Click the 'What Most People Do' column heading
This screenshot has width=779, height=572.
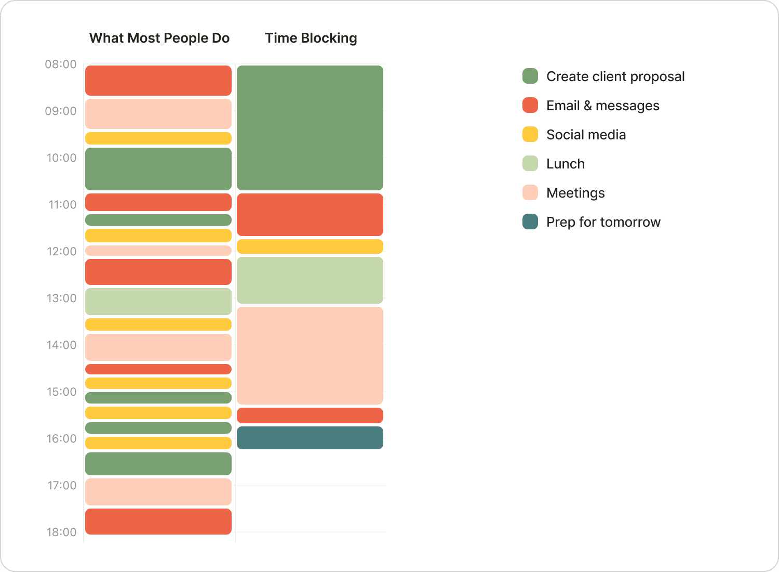tap(159, 38)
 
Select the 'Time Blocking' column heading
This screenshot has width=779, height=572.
tap(311, 38)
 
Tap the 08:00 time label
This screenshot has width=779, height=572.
tap(61, 64)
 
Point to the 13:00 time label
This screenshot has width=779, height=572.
tap(61, 298)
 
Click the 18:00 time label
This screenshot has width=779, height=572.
tap(61, 532)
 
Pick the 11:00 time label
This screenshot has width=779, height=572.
tap(62, 205)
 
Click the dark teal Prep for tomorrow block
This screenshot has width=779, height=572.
tap(310, 438)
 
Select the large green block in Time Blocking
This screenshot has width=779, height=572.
tap(310, 128)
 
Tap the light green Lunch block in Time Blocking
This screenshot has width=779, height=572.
tap(310, 280)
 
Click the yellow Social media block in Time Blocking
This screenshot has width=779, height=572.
tap(310, 246)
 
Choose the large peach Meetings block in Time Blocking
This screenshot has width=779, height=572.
tap(310, 356)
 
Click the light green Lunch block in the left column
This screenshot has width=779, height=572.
tap(158, 302)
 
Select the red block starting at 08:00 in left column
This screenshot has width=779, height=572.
tap(158, 81)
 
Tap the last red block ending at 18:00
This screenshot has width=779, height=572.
tap(158, 522)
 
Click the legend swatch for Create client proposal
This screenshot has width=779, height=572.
tap(530, 76)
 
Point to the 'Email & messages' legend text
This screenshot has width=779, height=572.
tap(602, 106)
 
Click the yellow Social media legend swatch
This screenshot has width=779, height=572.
tap(530, 134)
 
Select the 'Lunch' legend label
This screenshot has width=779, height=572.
tap(565, 164)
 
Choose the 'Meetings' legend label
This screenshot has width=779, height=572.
tap(575, 193)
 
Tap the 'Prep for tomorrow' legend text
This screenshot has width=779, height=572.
tap(603, 222)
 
